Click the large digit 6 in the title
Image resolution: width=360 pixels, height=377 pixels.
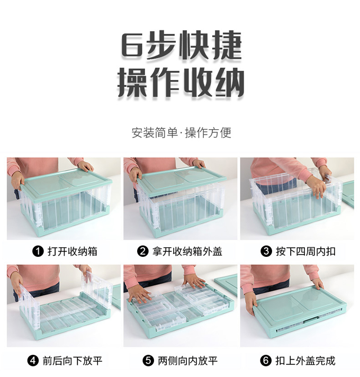pyautogui.click(x=133, y=45)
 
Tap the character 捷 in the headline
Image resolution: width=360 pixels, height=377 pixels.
pyautogui.click(x=227, y=45)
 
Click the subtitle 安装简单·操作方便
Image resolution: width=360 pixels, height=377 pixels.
pyautogui.click(x=182, y=133)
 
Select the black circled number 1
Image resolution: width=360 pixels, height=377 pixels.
pyautogui.click(x=38, y=252)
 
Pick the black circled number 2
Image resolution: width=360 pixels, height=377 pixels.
pyautogui.click(x=143, y=252)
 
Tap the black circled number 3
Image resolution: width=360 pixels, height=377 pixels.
pyautogui.click(x=266, y=252)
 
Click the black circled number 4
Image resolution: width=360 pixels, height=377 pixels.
pyautogui.click(x=33, y=361)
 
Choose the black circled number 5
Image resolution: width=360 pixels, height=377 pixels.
pyautogui.click(x=148, y=361)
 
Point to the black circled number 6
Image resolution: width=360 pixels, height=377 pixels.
pyautogui.click(x=266, y=361)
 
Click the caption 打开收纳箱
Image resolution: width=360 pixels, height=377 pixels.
pyautogui.click(x=73, y=252)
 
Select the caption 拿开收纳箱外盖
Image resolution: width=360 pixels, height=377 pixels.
pyautogui.click(x=187, y=252)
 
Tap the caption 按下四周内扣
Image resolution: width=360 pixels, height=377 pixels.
pyautogui.click(x=305, y=252)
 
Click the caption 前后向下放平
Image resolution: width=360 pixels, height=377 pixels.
pyautogui.click(x=73, y=361)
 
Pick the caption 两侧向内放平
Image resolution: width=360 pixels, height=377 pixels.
pyautogui.click(x=188, y=361)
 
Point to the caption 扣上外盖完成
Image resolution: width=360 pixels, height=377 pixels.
pyautogui.click(x=305, y=361)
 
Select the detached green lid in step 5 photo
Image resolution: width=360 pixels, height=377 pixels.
pyautogui.click(x=227, y=284)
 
